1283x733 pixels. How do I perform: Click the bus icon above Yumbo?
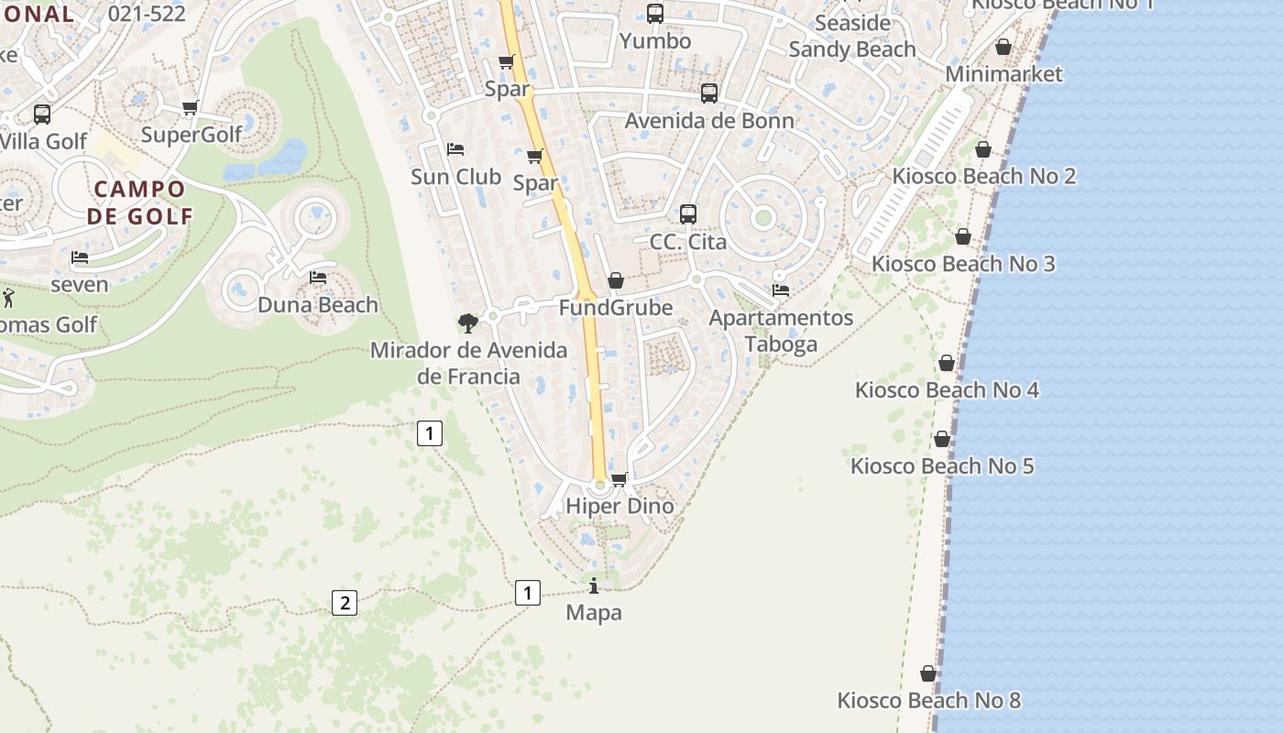coord(654,14)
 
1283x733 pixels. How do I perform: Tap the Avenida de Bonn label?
coord(709,120)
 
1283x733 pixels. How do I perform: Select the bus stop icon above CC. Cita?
coord(688,214)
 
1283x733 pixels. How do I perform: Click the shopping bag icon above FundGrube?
coord(616,280)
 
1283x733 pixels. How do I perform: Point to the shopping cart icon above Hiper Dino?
coord(620,479)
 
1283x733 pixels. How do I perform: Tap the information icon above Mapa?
coord(594,585)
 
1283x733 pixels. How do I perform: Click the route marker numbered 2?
coord(345,603)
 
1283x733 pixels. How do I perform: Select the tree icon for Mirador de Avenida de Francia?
coord(467,323)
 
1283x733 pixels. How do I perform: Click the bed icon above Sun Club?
coord(455,149)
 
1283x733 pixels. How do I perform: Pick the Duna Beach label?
coord(318,304)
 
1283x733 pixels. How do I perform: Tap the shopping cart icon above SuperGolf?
coord(191,108)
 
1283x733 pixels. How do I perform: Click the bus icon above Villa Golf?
coord(42,115)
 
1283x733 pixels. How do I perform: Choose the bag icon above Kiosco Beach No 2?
coord(983,149)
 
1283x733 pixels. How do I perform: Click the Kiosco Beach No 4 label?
coord(947,389)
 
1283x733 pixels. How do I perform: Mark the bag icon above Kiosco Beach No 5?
coord(941,440)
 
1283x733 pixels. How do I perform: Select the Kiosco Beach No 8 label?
coord(928,701)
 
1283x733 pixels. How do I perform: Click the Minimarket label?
coord(1003,74)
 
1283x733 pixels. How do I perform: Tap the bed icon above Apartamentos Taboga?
coord(781,290)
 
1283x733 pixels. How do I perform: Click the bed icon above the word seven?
coord(80,257)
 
